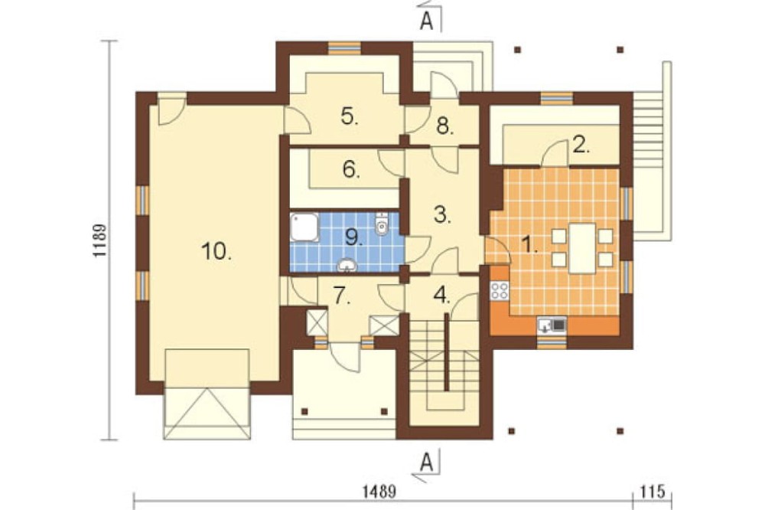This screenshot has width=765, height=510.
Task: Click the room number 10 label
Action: click(x=216, y=252)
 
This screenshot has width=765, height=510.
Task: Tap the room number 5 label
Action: click(x=350, y=116)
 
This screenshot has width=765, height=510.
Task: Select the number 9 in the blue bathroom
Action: click(x=353, y=237)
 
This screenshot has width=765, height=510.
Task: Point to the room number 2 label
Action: click(x=581, y=145)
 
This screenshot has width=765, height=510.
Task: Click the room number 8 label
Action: click(x=445, y=126)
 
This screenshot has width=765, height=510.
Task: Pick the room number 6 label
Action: click(x=351, y=169)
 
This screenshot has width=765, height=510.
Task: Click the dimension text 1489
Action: click(x=379, y=492)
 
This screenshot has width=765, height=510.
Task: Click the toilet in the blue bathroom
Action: click(x=382, y=224)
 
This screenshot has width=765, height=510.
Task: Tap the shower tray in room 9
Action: click(x=304, y=227)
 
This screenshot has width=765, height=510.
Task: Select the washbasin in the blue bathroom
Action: click(x=347, y=265)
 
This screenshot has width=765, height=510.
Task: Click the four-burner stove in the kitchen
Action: click(x=500, y=291)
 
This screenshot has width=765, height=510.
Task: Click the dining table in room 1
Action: click(x=582, y=248)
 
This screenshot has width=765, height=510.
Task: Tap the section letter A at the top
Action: click(x=426, y=21)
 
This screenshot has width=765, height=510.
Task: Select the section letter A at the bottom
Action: click(x=426, y=462)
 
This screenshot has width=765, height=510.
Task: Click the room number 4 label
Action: click(x=442, y=295)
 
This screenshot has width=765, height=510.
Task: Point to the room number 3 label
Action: click(x=442, y=214)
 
